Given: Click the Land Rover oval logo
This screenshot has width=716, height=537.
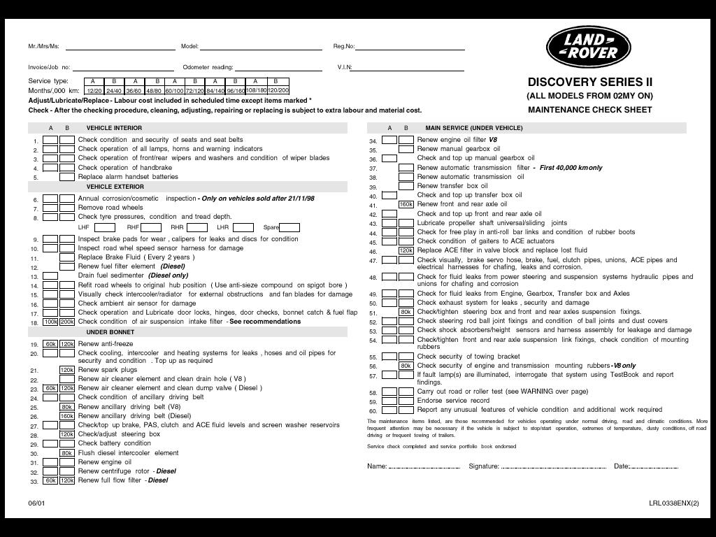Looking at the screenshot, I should coord(588,47).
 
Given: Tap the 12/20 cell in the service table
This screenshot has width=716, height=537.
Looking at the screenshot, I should coord(94,91).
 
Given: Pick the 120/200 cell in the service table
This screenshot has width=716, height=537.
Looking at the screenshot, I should coord(278,90).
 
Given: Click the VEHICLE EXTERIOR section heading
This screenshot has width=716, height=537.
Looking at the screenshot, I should coord(115,187).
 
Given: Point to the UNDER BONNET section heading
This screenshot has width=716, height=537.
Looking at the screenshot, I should coord(110,332).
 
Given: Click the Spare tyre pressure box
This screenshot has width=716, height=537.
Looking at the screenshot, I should coord(289,227).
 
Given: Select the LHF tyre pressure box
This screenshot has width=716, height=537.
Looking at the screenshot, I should coord(105,227).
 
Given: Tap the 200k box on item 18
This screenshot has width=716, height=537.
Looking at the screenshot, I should coord(67,322).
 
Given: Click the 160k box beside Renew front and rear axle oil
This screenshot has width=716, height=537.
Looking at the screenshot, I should coord(406,205).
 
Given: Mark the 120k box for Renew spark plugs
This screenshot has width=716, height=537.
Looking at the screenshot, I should coord(67,370).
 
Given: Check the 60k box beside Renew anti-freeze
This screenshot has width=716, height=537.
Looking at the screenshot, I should coord(50,344).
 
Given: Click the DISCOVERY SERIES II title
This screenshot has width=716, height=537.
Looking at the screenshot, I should coord(589,82).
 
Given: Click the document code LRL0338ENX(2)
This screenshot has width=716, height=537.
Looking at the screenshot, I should coord(673,503).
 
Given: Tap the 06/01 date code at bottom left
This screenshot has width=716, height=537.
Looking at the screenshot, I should coord(36,503).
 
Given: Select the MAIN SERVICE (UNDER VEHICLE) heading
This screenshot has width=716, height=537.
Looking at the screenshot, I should coord(473,128).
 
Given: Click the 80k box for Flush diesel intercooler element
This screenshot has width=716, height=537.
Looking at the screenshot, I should coord(67,453).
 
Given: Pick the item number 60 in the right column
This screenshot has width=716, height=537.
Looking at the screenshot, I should coord(373,411).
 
